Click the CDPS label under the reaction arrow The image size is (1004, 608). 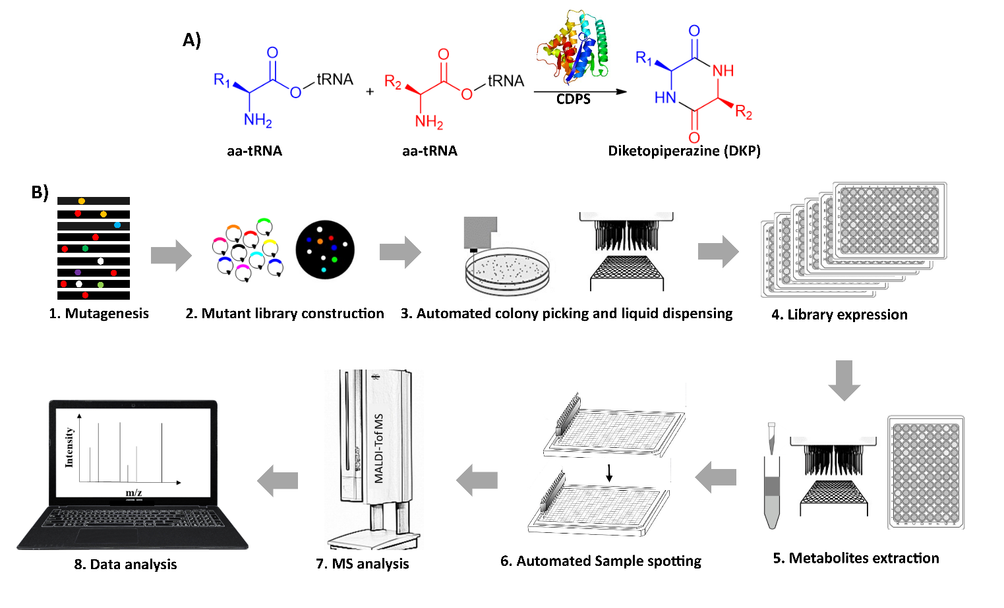[573, 99]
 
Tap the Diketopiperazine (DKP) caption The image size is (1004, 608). [684, 151]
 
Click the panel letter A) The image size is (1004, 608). [192, 40]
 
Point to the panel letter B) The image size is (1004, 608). [40, 192]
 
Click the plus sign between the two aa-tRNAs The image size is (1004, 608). [370, 92]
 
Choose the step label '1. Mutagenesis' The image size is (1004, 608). [99, 314]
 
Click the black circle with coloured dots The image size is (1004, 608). [325, 250]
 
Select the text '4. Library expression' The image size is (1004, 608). [839, 315]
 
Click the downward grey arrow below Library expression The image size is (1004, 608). [844, 380]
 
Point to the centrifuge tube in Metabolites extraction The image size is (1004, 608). [771, 487]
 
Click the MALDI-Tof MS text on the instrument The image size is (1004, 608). [379, 449]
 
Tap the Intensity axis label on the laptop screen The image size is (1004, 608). [69, 447]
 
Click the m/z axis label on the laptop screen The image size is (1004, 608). [134, 493]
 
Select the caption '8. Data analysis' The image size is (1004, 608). [125, 565]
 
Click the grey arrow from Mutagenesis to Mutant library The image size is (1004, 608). [171, 254]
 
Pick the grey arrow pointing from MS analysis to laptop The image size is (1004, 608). [278, 480]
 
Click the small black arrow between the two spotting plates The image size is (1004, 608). [609, 472]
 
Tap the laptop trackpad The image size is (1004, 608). [107, 536]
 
